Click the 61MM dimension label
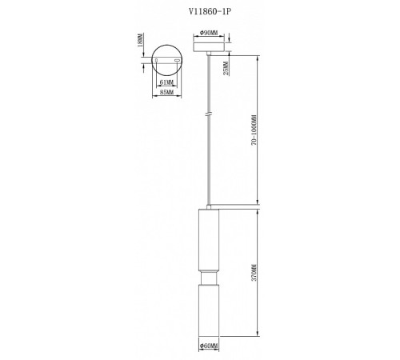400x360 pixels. coord(167,82)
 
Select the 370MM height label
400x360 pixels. coord(253,274)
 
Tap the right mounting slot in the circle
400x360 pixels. coord(176,60)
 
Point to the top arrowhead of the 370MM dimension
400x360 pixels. coord(258,214)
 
